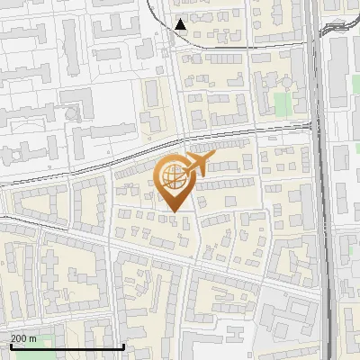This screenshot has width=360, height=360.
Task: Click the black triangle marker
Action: (x=182, y=24)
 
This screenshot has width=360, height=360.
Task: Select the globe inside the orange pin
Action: (x=174, y=176)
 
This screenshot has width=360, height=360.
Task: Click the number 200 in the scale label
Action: (x=19, y=338)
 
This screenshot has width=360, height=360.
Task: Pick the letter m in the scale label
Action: (x=32, y=338)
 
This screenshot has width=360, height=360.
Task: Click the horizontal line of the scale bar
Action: (x=67, y=346)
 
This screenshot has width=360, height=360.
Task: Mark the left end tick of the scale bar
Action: (x=11, y=345)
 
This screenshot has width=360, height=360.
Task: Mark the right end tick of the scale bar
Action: (x=123, y=345)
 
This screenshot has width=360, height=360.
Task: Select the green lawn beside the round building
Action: (x=283, y=103)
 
